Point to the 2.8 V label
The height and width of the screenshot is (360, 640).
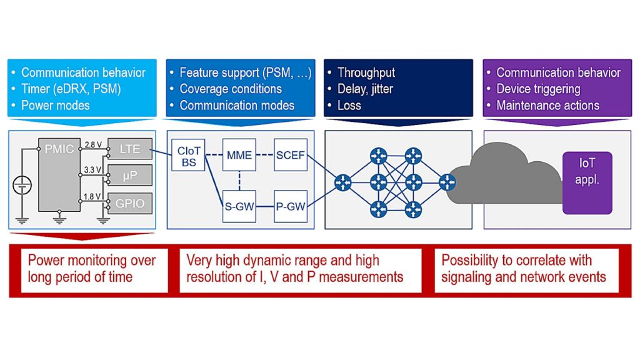(93, 144)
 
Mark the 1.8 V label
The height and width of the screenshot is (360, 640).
(93, 197)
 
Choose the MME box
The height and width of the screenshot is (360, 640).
(239, 154)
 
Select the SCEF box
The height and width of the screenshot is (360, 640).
(291, 154)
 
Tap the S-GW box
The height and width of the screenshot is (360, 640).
(239, 206)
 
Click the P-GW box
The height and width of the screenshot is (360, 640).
(291, 206)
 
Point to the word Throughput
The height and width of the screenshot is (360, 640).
(366, 72)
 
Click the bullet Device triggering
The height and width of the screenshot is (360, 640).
(538, 89)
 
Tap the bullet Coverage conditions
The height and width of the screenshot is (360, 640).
(231, 89)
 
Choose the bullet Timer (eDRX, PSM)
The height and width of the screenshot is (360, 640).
(71, 89)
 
